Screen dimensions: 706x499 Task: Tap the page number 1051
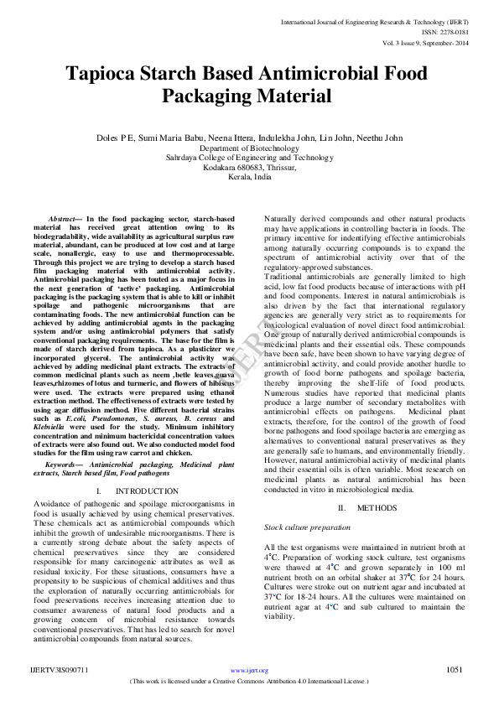pos(455,670)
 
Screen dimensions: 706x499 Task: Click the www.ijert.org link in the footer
pos(249,671)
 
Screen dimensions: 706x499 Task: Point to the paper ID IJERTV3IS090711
pos(60,671)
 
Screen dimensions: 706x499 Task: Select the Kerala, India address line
pos(249,178)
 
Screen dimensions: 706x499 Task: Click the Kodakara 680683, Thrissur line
pos(249,168)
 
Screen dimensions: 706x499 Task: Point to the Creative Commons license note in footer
pos(249,681)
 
